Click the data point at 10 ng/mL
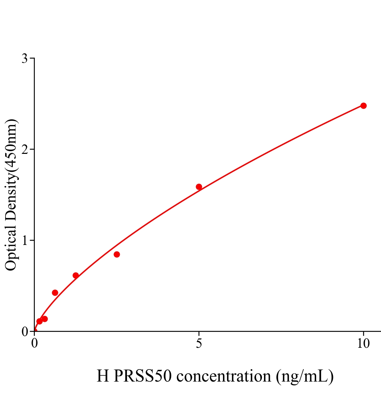pyautogui.click(x=363, y=106)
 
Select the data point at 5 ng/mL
pyautogui.click(x=199, y=187)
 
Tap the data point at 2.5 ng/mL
pyautogui.click(x=117, y=254)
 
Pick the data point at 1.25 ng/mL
pyautogui.click(x=76, y=275)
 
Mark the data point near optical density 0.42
pyautogui.click(x=55, y=293)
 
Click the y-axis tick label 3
pyautogui.click(x=25, y=59)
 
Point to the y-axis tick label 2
pyautogui.click(x=25, y=149)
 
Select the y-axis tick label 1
pyautogui.click(x=25, y=240)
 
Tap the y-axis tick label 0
pyautogui.click(x=25, y=332)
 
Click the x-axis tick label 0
pyautogui.click(x=35, y=344)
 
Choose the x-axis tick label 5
pyautogui.click(x=199, y=344)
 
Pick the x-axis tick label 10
pyautogui.click(x=363, y=344)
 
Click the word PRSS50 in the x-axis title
pyautogui.click(x=143, y=376)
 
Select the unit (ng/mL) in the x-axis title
pyautogui.click(x=305, y=376)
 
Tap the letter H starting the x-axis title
pyautogui.click(x=102, y=376)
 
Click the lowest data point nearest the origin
pyautogui.click(x=39, y=321)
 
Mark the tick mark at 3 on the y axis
pyautogui.click(x=32, y=58)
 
